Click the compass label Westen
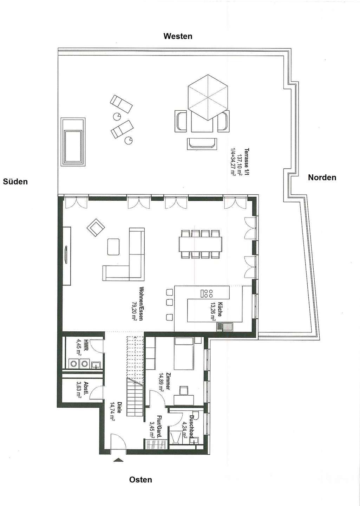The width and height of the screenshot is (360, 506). (x=178, y=36)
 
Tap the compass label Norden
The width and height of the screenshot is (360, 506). (x=322, y=177)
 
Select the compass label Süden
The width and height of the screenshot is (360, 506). (x=15, y=182)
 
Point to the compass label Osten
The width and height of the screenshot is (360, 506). (x=140, y=480)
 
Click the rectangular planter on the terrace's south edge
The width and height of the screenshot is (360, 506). (x=73, y=142)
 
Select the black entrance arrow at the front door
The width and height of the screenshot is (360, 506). (x=119, y=460)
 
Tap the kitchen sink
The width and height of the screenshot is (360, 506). (x=224, y=327)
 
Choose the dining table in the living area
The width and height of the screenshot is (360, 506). (x=201, y=244)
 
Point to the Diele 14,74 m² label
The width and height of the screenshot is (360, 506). (x=116, y=411)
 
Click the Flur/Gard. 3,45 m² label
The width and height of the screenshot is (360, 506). (x=155, y=426)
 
